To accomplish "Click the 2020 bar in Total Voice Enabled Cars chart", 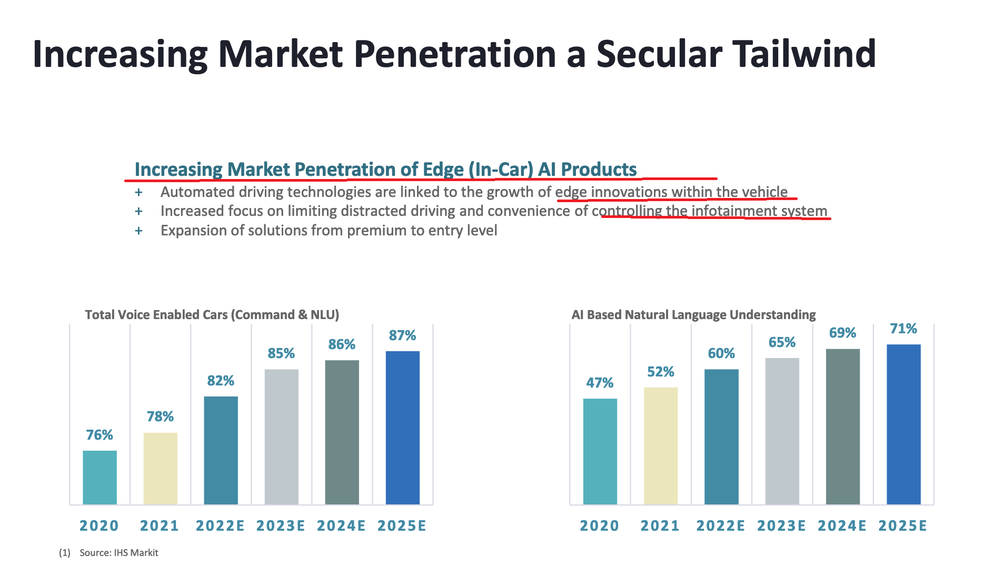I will click(100, 477).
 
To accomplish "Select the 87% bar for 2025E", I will click(402, 428).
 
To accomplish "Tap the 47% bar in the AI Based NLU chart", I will click(600, 451).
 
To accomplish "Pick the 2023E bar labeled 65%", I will click(782, 431).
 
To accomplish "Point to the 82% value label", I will click(221, 381).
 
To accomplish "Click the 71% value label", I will click(903, 329).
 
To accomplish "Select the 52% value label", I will click(660, 372).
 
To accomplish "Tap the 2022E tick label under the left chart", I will click(220, 525).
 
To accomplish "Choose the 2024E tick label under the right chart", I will click(842, 525).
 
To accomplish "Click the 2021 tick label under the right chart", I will click(660, 525).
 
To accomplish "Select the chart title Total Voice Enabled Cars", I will click(212, 315).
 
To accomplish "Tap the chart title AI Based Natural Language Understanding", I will click(693, 315).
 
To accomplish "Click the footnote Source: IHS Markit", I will click(118, 553).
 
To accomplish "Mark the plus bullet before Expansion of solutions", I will click(138, 231).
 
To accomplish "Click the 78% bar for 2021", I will click(160, 468).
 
